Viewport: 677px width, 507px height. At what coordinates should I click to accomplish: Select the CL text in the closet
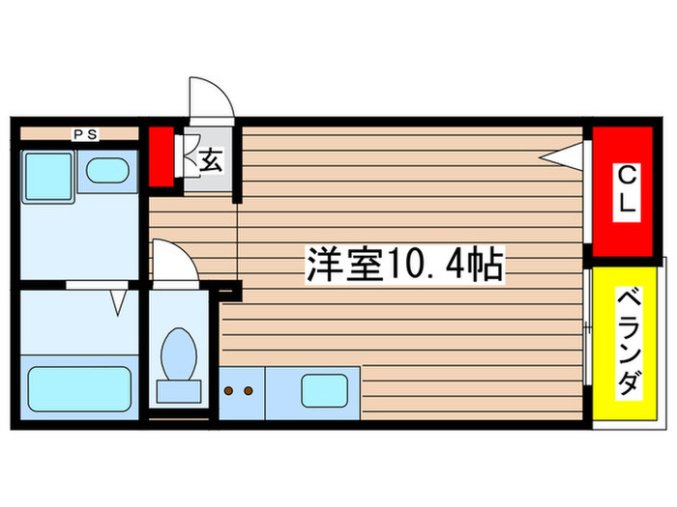click(627, 189)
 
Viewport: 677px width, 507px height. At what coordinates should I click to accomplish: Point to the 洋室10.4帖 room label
click(406, 263)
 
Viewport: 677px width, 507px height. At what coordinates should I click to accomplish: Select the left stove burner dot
click(229, 391)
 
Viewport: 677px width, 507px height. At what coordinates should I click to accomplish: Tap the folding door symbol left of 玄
click(183, 156)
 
